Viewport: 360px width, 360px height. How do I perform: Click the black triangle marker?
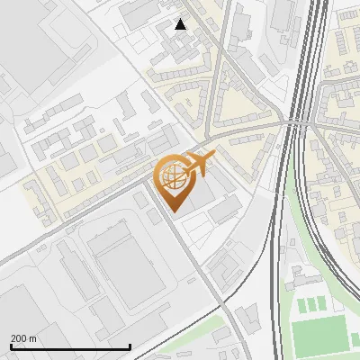(180, 24)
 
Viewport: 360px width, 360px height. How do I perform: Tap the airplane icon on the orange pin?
(197, 164)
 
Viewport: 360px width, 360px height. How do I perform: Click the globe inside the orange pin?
(172, 176)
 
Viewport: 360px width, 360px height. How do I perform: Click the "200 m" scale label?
(22, 338)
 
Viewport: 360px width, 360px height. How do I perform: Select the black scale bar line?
(70, 346)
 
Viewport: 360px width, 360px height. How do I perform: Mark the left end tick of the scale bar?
(11, 346)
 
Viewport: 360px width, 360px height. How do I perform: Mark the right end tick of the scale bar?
(130, 346)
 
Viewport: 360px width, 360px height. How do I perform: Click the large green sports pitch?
(320, 336)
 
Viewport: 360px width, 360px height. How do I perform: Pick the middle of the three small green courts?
(313, 305)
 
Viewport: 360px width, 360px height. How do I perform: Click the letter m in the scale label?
(32, 338)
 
